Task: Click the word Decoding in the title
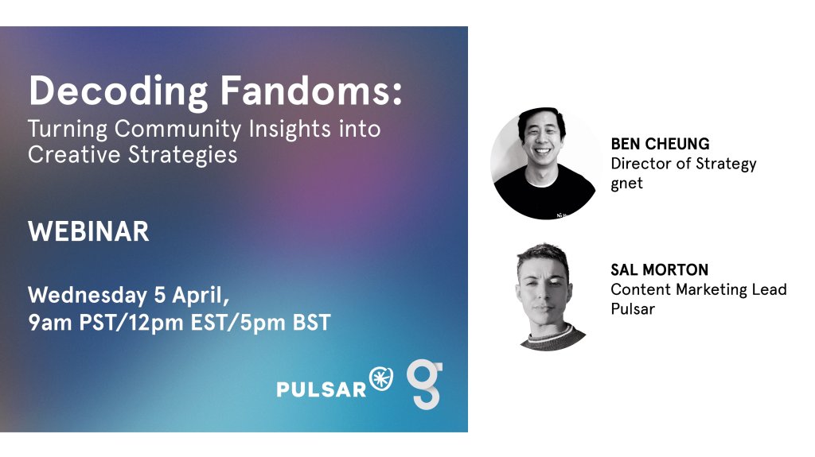point(119,92)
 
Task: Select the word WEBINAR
point(89,231)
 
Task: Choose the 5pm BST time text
point(285,323)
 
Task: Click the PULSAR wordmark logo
point(322,389)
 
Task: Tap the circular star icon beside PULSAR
point(381,378)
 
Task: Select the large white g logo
point(425,384)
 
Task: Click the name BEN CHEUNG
point(660,144)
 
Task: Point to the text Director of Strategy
point(684,164)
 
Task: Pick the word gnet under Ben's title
point(627,184)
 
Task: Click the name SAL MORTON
point(660,270)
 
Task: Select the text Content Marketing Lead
point(699,289)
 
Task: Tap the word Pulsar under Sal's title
point(633,309)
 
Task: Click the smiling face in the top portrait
point(541,137)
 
